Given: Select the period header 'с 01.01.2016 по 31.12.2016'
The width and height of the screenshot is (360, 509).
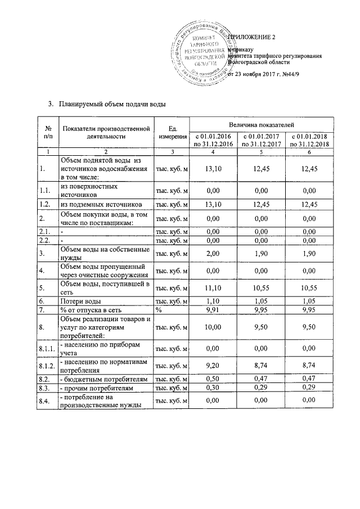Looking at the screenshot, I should pyautogui.click(x=213, y=141).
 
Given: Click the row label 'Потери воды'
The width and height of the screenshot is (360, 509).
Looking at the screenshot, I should pyautogui.click(x=81, y=301).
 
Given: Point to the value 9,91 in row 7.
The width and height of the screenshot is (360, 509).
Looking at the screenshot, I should pyautogui.click(x=213, y=309).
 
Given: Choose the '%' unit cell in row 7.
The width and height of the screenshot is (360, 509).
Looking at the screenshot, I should pyautogui.click(x=159, y=309).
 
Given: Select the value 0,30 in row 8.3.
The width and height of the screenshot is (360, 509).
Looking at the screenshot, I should pyautogui.click(x=213, y=388).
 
